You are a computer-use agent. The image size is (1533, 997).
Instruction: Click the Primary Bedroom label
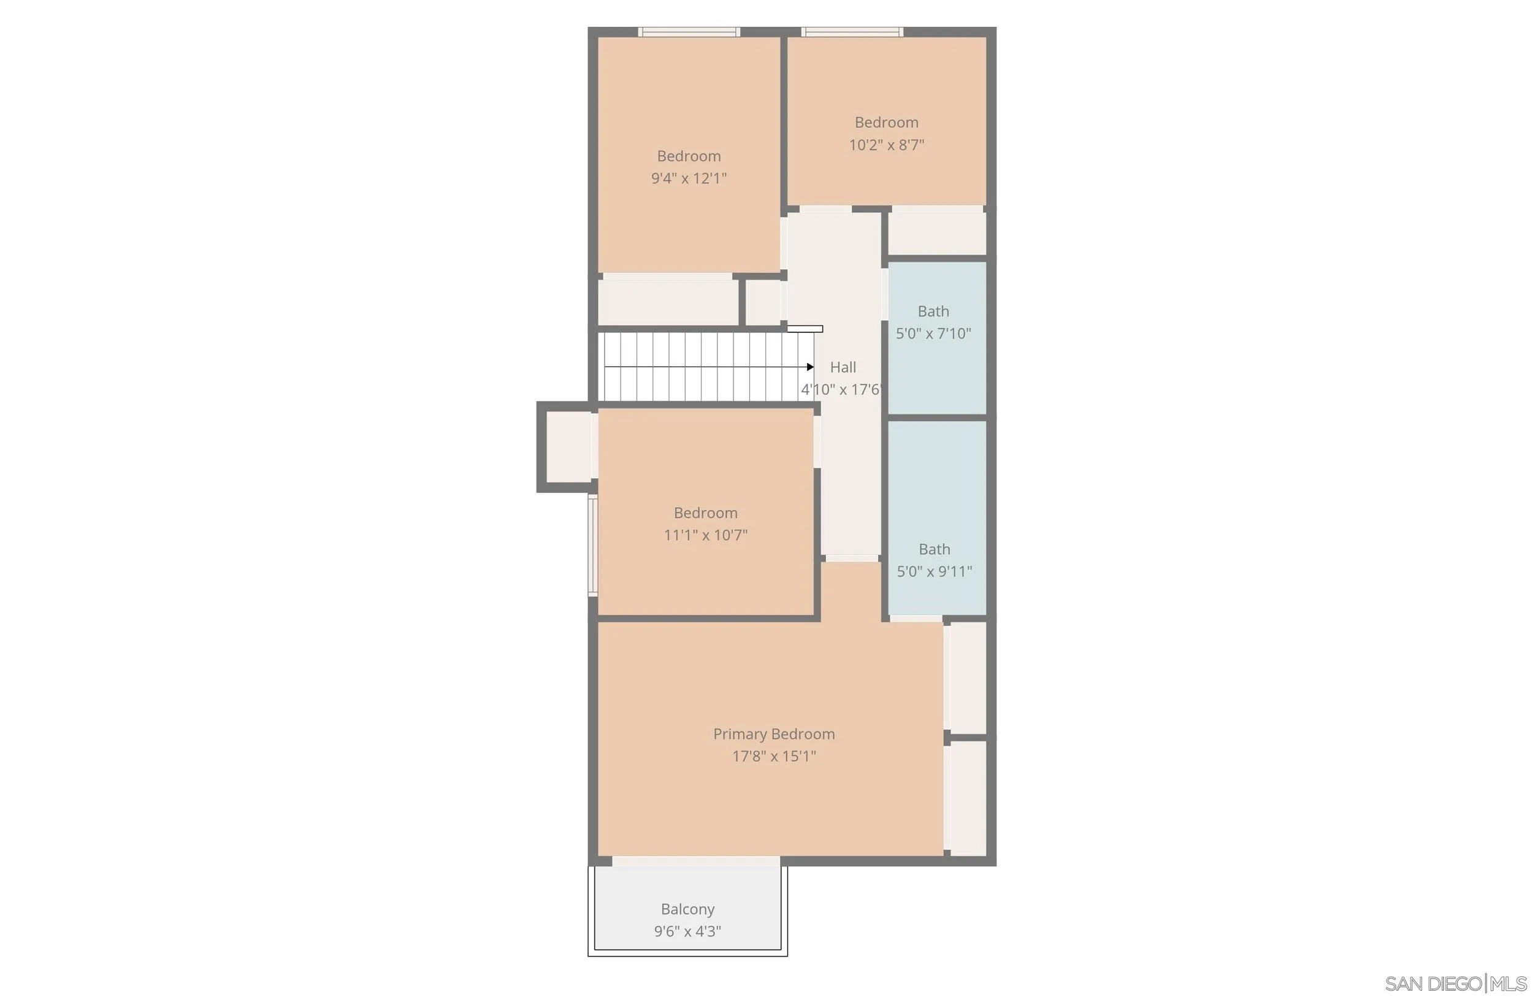point(774,733)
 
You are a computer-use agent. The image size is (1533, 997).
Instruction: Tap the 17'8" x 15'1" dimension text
point(774,756)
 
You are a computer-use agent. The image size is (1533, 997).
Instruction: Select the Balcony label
point(687,909)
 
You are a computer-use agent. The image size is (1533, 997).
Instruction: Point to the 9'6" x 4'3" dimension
point(687,931)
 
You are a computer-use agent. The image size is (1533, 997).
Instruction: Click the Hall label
point(843,367)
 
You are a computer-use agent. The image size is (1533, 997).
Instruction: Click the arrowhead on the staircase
point(809,367)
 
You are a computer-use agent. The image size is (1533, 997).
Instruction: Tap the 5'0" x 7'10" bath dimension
point(933,333)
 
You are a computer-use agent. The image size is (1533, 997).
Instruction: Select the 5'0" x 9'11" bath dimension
point(934,571)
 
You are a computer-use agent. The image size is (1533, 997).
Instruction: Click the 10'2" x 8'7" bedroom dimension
point(886,145)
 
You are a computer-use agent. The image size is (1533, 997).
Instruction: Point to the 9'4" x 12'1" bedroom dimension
point(689,178)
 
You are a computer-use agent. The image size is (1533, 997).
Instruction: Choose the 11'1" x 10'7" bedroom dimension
point(705,535)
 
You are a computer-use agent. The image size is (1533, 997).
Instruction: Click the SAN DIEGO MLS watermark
point(1455,984)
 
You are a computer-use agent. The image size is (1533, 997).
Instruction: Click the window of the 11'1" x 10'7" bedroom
point(592,545)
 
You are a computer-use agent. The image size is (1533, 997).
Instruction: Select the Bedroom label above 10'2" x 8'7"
point(886,123)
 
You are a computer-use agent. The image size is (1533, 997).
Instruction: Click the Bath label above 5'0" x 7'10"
point(933,311)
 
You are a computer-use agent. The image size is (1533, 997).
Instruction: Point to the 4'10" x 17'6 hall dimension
point(840,389)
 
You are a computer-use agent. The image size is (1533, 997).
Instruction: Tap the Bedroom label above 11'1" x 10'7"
point(705,513)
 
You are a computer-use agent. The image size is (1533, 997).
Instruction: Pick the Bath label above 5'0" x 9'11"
point(934,549)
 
